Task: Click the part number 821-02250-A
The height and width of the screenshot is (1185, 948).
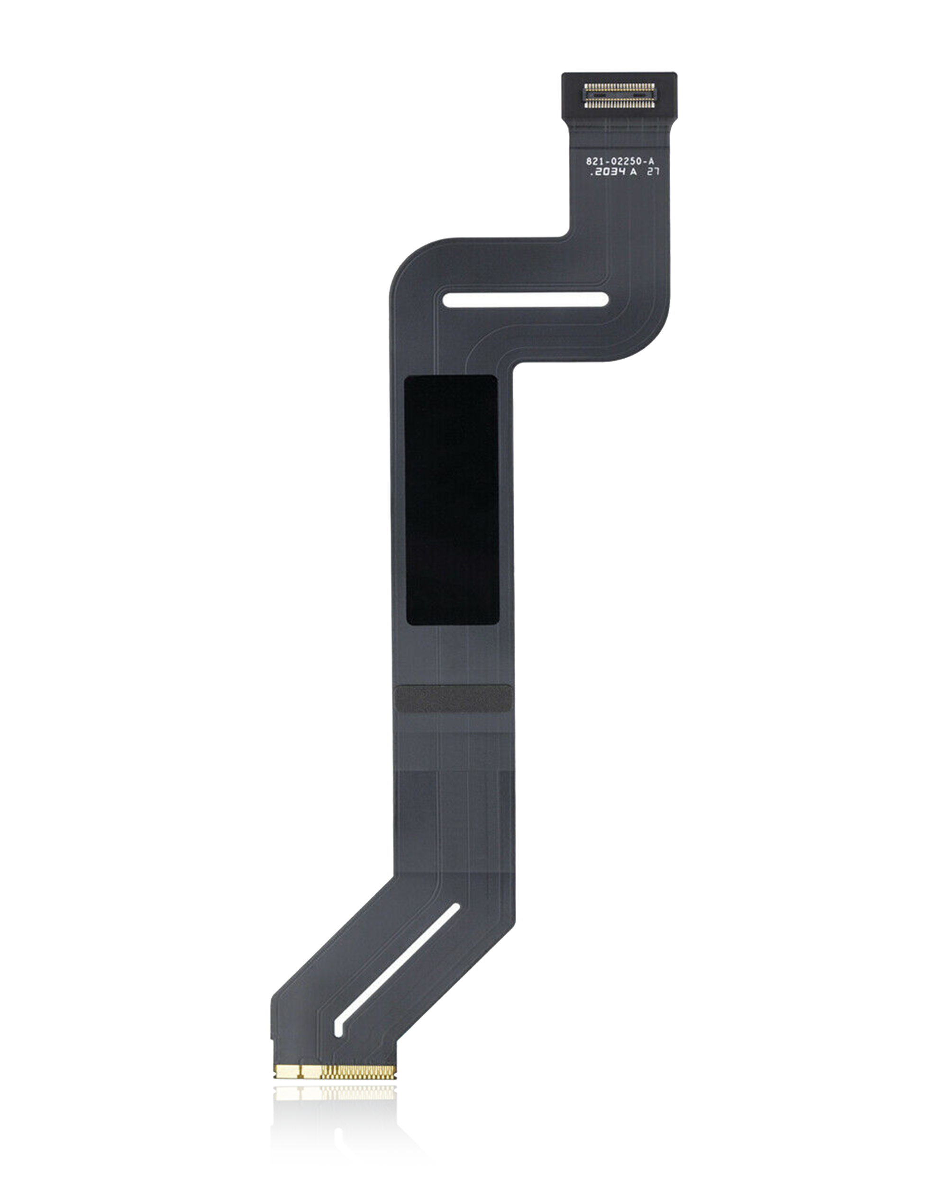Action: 620,162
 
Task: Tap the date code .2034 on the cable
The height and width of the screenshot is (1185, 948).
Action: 607,172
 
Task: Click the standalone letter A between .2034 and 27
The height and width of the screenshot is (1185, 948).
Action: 634,172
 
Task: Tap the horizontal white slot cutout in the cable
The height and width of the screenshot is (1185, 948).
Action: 525,300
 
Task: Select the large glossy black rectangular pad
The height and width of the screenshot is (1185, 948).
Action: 452,500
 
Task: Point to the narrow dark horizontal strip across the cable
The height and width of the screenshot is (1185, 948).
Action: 454,699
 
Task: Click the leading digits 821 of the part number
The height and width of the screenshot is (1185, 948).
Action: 594,162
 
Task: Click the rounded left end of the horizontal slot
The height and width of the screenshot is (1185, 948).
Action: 447,300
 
